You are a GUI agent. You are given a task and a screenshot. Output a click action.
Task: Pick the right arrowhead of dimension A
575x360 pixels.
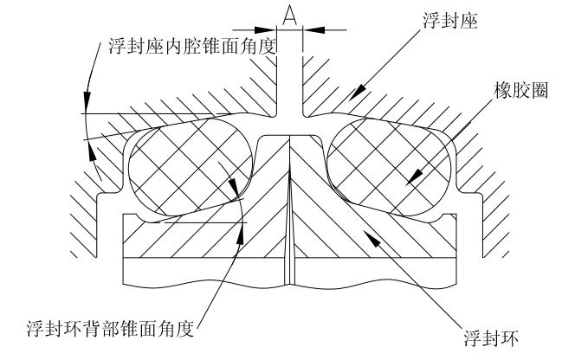tap(307, 29)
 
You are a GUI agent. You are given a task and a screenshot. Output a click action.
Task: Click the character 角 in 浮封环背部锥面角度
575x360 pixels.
tap(165, 329)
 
